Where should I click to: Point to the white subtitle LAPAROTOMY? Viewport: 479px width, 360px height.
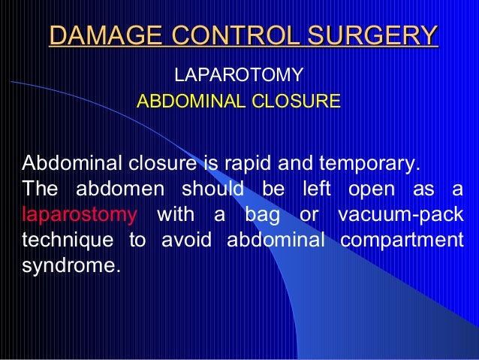pos(238,76)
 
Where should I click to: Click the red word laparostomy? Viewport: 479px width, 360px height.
pos(80,214)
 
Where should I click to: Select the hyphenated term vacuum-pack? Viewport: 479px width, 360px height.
pos(400,214)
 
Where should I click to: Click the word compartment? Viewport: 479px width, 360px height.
pos(401,240)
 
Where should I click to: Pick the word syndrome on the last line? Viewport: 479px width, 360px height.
pos(71,265)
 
